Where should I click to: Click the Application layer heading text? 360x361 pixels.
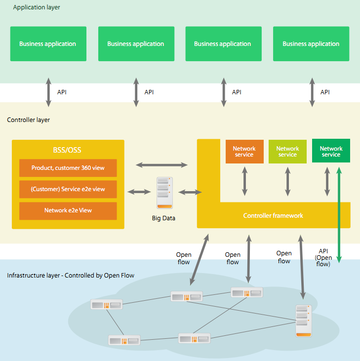(37, 7)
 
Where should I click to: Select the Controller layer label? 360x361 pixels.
(28, 120)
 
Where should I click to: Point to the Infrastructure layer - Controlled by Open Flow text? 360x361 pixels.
(71, 275)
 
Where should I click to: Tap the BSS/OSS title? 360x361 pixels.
(68, 150)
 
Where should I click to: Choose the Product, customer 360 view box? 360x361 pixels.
(68, 168)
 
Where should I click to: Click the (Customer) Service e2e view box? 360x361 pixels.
(68, 189)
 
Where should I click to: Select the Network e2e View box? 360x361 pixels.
(68, 210)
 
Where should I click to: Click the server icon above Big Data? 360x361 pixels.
(164, 193)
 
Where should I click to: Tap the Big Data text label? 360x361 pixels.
(164, 218)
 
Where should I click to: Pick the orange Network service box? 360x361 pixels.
(244, 152)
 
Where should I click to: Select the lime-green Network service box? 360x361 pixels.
(287, 152)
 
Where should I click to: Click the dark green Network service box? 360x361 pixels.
(331, 152)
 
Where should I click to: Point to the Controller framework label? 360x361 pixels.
(273, 216)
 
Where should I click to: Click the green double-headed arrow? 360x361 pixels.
(339, 215)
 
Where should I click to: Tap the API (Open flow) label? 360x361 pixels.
(324, 257)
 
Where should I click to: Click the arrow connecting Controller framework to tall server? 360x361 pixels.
(301, 267)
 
